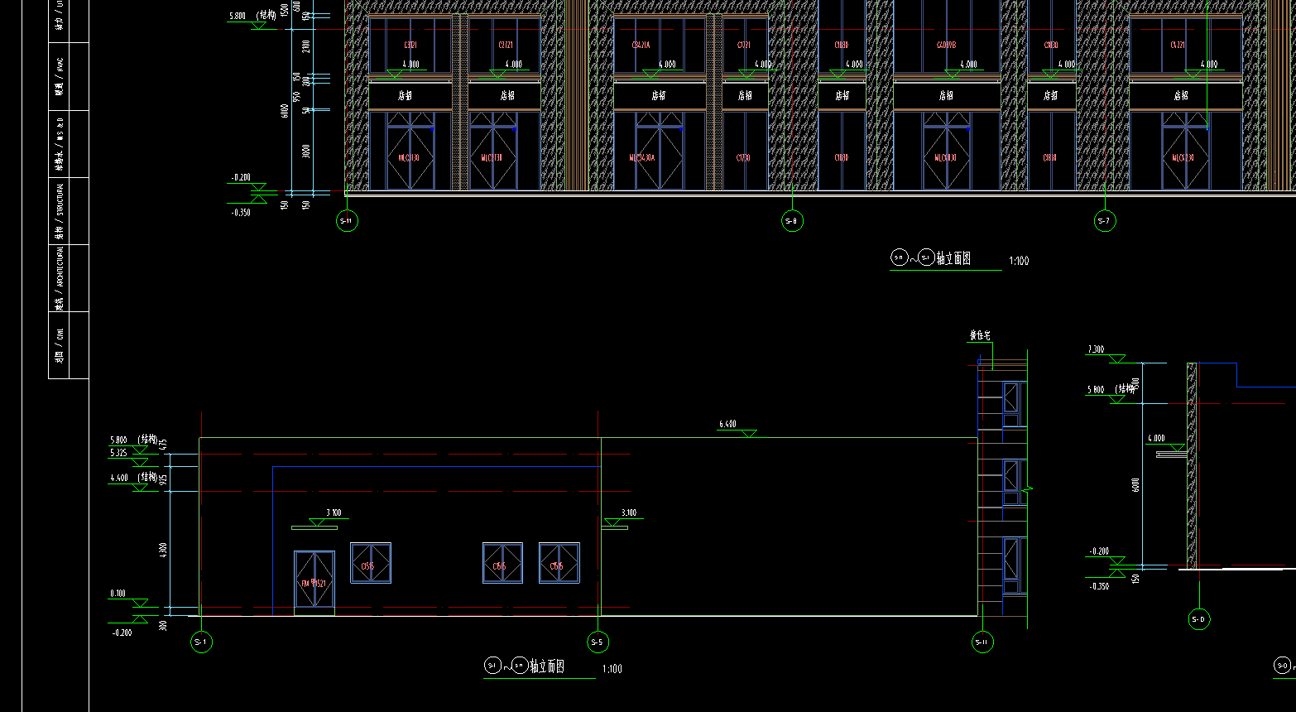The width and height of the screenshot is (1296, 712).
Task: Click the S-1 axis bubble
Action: (201, 642)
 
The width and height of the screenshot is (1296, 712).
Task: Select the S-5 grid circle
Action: (598, 642)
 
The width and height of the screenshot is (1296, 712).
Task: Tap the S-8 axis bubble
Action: (792, 220)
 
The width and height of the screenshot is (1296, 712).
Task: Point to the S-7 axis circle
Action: (1104, 220)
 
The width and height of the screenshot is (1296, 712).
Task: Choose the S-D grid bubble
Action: (1198, 619)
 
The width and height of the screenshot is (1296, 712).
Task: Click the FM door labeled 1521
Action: (314, 583)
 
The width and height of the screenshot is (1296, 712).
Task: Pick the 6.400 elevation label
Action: (727, 424)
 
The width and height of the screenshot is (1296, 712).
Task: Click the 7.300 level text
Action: (1096, 349)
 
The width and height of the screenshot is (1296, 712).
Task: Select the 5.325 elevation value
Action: (118, 453)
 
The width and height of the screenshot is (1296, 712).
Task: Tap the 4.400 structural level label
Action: (119, 478)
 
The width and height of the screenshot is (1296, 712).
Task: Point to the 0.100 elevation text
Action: (118, 594)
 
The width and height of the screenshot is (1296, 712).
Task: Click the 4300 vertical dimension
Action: (164, 550)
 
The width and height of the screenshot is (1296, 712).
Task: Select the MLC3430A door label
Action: (641, 157)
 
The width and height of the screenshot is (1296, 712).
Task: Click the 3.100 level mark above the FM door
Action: (334, 512)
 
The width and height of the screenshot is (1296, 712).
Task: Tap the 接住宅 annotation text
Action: (980, 336)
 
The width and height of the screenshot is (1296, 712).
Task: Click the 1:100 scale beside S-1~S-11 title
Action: (612, 669)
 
